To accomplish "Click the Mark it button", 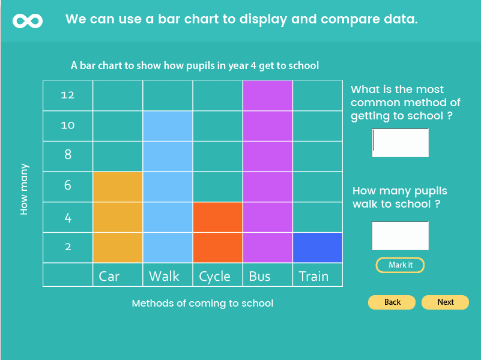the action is pyautogui.click(x=400, y=265).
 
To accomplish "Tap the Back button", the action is pyautogui.click(x=392, y=302).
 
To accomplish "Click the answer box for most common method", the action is pyautogui.click(x=400, y=143).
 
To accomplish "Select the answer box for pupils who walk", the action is pyautogui.click(x=400, y=236).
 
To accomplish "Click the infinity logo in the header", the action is pyautogui.click(x=28, y=21).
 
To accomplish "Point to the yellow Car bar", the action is pyautogui.click(x=118, y=217).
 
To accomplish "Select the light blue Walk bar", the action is pyautogui.click(x=168, y=187).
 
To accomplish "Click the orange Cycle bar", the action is pyautogui.click(x=218, y=232).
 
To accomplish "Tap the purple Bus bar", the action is pyautogui.click(x=268, y=172).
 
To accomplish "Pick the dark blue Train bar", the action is pyautogui.click(x=318, y=248).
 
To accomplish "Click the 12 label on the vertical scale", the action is pyautogui.click(x=67, y=95).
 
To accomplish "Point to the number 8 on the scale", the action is pyautogui.click(x=68, y=154).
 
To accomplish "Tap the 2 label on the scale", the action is pyautogui.click(x=68, y=247).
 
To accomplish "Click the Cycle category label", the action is pyautogui.click(x=215, y=277).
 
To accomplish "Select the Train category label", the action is pyautogui.click(x=313, y=276).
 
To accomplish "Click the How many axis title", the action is pyautogui.click(x=24, y=189).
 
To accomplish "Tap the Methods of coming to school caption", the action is pyautogui.click(x=202, y=304).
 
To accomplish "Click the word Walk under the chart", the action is pyautogui.click(x=164, y=276).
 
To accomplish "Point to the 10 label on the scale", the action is pyautogui.click(x=67, y=125).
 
